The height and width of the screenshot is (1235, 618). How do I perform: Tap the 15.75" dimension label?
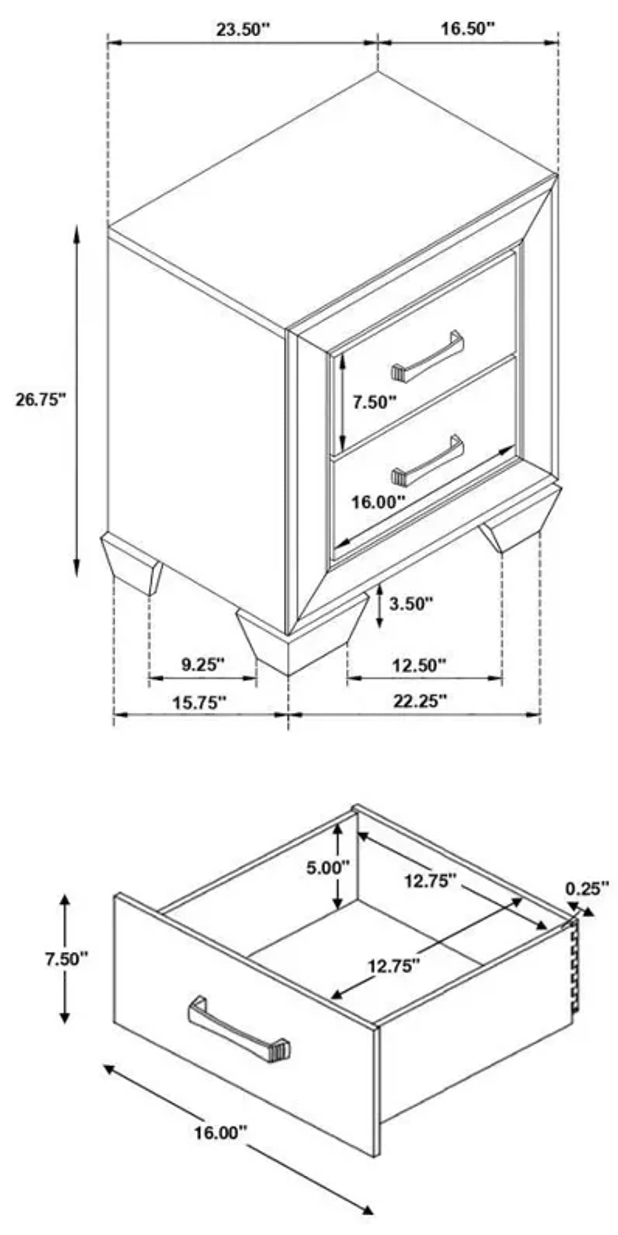pos(199,703)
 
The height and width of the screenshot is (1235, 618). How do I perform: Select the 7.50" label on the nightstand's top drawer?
pos(375,402)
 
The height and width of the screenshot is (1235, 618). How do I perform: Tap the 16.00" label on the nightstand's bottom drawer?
pos(379,502)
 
